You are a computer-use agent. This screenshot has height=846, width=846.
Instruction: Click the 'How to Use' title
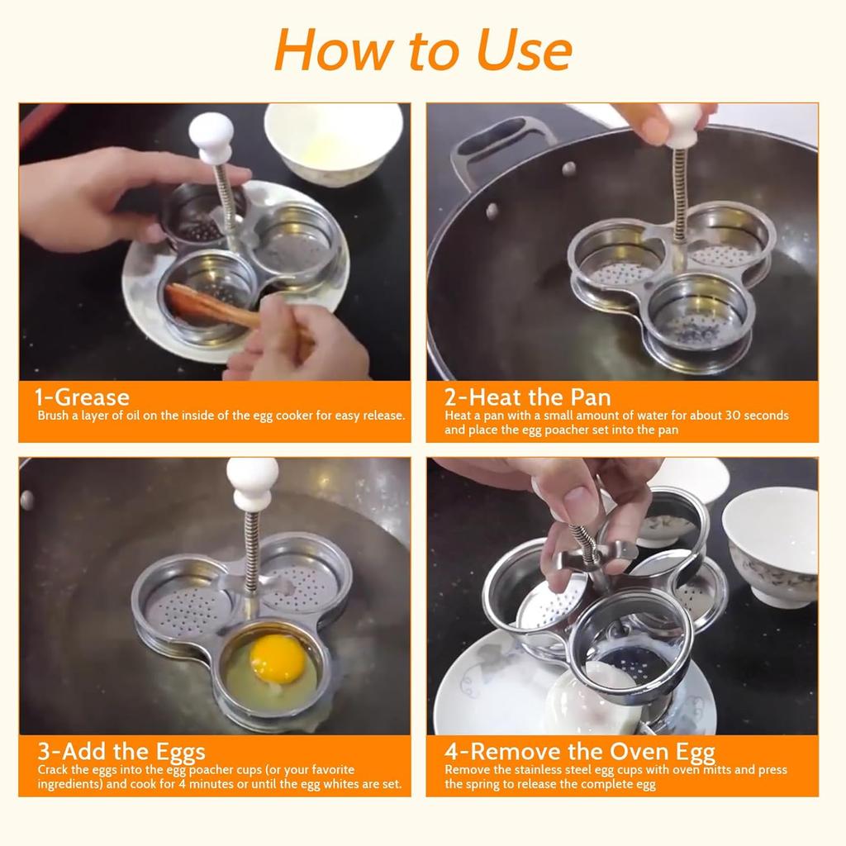pos(422,49)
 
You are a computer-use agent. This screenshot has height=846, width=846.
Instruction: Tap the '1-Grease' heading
pos(83,397)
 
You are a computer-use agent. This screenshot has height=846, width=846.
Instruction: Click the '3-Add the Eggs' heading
pos(121,752)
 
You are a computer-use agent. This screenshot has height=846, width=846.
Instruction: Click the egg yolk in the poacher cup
pos(278,658)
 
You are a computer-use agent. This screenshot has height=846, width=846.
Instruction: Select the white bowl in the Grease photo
pos(333,140)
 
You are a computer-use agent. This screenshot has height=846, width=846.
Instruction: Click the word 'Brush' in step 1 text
pos(54,416)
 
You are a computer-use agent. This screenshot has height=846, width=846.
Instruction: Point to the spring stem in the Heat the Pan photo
pos(680,194)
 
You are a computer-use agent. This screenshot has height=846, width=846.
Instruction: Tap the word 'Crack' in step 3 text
pos(55,770)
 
